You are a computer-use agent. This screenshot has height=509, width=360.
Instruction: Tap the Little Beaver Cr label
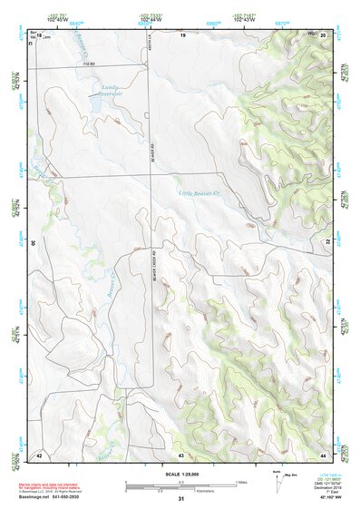pos(199,193)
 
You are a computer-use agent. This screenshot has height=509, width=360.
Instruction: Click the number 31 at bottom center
pos(181,499)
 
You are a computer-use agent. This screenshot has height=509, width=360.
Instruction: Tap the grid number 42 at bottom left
pos(38,453)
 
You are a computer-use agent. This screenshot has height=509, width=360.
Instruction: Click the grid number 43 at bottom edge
pos(181,454)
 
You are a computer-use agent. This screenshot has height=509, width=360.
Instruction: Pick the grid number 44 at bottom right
pos(324,453)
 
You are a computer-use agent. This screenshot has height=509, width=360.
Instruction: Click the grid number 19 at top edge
pos(181,34)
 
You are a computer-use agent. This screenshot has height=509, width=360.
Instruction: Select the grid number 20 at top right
pos(323,34)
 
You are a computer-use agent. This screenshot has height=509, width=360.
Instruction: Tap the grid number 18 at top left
pos(39,34)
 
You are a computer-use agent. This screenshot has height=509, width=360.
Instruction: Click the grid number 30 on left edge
pos(34,243)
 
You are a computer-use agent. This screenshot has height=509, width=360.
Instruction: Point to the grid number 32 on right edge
pos(327,243)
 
